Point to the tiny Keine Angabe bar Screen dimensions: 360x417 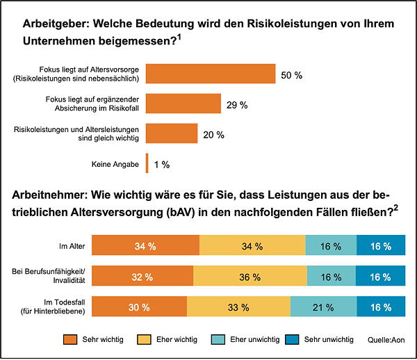click(x=147, y=164)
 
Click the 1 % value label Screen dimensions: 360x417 click(x=162, y=165)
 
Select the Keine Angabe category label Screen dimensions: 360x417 click(x=116, y=165)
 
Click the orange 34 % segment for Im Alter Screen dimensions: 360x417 click(x=145, y=247)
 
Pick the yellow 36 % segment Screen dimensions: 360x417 click(x=248, y=277)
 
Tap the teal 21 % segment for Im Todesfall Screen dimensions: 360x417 click(x=323, y=306)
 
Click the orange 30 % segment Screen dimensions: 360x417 click(x=139, y=306)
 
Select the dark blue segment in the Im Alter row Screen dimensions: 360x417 click(x=381, y=247)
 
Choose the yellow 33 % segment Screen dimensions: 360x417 click(x=238, y=306)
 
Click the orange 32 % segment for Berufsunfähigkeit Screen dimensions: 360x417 click(x=142, y=277)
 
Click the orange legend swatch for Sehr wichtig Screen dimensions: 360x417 click(x=71, y=339)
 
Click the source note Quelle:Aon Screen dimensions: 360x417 click(x=386, y=340)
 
